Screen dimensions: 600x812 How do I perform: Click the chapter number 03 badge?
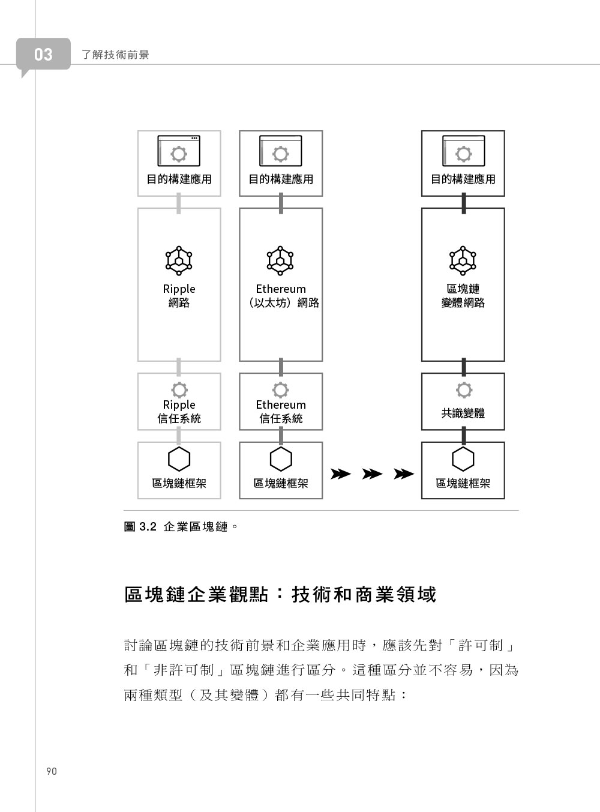pos(43,54)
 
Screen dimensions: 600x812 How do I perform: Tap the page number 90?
pos(51,771)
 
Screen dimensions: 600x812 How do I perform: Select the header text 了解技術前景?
pos(115,55)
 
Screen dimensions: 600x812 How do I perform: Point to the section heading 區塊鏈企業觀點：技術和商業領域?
pos(280,594)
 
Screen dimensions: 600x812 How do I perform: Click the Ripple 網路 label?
pos(179,296)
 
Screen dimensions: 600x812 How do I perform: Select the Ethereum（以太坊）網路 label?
pos(281,296)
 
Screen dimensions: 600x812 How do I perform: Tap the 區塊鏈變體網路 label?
pos(463,296)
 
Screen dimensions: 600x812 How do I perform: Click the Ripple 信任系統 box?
pos(179,401)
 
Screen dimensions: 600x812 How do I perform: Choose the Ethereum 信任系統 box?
pos(281,401)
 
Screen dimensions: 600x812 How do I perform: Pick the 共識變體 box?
pos(463,401)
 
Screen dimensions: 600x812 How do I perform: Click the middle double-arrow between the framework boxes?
pos(372,474)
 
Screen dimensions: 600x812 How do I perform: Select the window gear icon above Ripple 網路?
pos(179,151)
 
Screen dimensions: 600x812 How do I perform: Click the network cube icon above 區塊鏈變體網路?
pos(463,260)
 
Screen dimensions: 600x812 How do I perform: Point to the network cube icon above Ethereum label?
pos(280,260)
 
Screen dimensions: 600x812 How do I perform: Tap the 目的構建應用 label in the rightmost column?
pos(463,179)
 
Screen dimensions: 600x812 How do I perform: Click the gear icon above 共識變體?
pos(464,390)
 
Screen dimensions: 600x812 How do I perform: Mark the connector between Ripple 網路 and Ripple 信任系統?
pos(179,367)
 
